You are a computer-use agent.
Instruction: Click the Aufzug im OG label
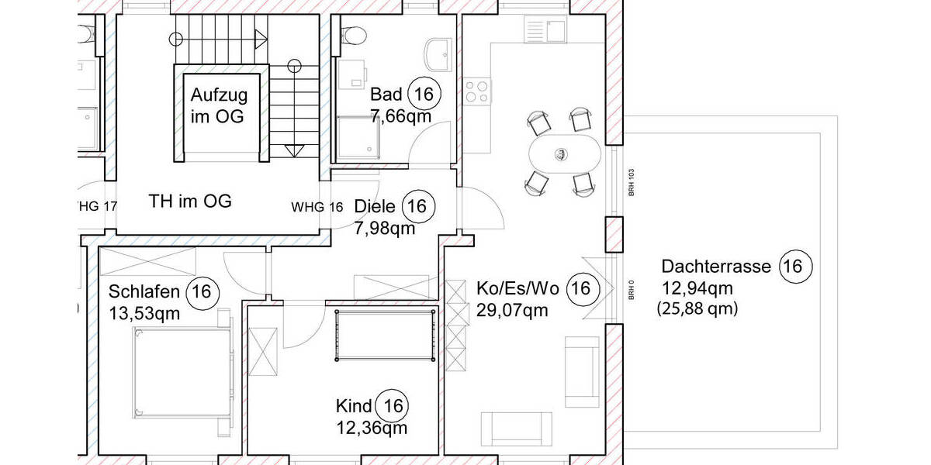pos(220,106)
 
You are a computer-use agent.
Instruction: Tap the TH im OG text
pos(190,202)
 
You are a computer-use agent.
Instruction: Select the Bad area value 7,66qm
pos(400,115)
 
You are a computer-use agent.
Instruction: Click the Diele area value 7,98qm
pos(384,228)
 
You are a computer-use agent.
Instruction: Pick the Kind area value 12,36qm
pos(371,427)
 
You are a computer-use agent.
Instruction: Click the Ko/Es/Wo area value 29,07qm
pos(512,311)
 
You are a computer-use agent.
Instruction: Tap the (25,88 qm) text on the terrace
pos(697,308)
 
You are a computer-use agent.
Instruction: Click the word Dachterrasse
pos(716,267)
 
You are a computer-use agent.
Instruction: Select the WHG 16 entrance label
pos(317,207)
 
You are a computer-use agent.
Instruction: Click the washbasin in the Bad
pos(438,53)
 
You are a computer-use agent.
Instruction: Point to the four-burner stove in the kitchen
pos(477,91)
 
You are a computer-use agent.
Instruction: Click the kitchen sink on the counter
pos(547,30)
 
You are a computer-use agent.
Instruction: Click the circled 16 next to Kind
pos(393,405)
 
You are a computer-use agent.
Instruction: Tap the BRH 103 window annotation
pos(632,181)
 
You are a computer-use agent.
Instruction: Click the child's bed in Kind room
pos(384,335)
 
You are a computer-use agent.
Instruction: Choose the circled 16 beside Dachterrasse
pos(793,267)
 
